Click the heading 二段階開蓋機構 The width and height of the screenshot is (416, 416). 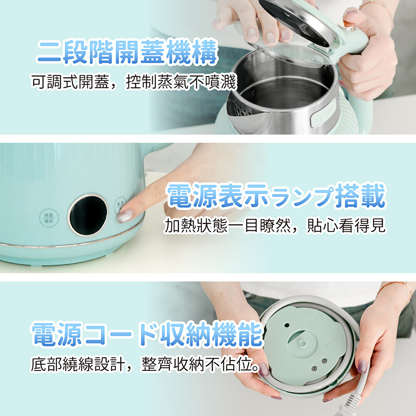tap(127, 52)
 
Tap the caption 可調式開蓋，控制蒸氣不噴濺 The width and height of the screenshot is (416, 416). tap(134, 82)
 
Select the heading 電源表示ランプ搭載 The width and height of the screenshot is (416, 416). tap(276, 196)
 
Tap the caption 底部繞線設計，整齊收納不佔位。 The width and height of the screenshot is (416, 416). tap(145, 364)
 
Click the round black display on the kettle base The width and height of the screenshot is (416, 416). tap(88, 214)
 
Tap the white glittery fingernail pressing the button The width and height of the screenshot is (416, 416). tap(124, 215)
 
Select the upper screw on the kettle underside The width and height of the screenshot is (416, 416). tap(324, 361)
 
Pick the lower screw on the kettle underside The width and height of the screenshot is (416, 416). tap(314, 368)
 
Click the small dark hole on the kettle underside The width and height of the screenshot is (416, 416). tap(287, 325)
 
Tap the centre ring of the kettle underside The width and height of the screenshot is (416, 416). tap(302, 344)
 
